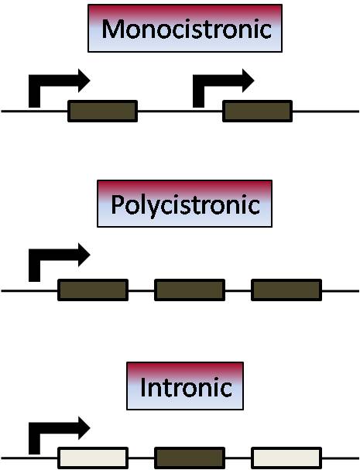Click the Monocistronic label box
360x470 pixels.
(x=185, y=28)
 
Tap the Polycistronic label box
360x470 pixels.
(x=185, y=204)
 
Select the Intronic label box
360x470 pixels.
(x=185, y=386)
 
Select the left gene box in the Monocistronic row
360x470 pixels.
(x=103, y=111)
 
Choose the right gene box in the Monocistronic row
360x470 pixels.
(x=258, y=111)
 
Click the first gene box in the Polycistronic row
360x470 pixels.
(x=93, y=290)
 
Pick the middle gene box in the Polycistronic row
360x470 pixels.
(x=190, y=290)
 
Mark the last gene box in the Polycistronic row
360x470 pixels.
(x=286, y=290)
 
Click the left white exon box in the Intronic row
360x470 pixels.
(x=93, y=458)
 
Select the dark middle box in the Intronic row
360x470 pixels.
(x=190, y=458)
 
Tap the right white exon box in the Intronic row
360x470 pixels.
(x=286, y=458)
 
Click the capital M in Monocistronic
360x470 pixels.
(x=111, y=29)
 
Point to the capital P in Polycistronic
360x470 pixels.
(x=117, y=204)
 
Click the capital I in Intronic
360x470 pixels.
(x=143, y=387)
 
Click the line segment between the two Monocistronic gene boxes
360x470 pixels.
(x=180, y=111)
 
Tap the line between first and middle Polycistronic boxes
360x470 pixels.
(x=141, y=290)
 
